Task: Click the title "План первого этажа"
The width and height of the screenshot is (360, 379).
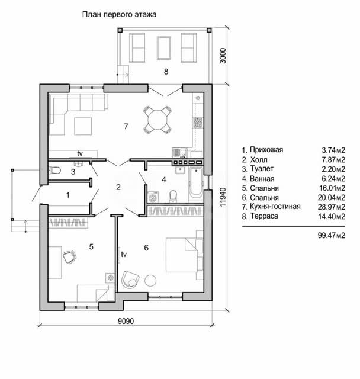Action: point(119,14)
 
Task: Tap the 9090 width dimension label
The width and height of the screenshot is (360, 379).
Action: point(126,321)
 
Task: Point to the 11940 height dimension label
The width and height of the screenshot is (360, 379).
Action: point(223,197)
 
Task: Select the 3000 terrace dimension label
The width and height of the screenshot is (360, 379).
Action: point(223,56)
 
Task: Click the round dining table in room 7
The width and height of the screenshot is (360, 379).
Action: point(157,120)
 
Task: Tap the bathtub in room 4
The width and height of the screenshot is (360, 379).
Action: point(196,183)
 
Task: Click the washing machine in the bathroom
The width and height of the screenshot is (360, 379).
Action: point(153,197)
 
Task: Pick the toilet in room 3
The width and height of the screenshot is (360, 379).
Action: point(54,171)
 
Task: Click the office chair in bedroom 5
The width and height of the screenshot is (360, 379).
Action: point(70,256)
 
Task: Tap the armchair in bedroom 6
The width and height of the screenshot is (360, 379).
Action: point(130,280)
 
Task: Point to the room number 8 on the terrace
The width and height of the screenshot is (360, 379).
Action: point(166,72)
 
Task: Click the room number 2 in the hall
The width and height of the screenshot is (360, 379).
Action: point(118,187)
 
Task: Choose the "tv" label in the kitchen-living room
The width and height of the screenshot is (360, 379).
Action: point(80,153)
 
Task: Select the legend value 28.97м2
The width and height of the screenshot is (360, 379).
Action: point(332,207)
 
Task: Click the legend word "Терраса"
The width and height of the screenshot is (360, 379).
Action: point(264,216)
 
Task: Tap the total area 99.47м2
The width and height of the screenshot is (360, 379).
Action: point(332,235)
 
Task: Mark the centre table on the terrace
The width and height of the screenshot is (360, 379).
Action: point(163,48)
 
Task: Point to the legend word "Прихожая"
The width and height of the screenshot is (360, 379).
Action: point(266,150)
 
